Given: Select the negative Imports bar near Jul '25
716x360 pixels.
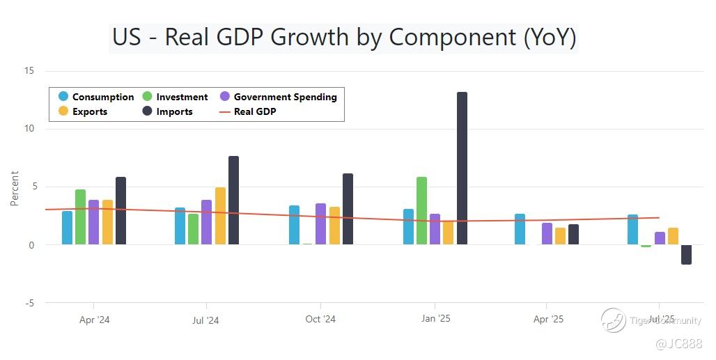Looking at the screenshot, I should pyautogui.click(x=686, y=254).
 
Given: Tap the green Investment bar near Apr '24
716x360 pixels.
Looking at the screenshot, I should pyautogui.click(x=80, y=217).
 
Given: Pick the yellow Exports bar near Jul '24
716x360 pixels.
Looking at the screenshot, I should pyautogui.click(x=220, y=216).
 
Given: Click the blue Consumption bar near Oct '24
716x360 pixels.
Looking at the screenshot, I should pyautogui.click(x=294, y=225).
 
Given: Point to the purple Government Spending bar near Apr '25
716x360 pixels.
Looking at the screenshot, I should pyautogui.click(x=547, y=234).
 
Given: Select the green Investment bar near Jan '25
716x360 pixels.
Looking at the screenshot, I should pyautogui.click(x=421, y=210).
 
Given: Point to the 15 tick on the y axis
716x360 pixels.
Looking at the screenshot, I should pyautogui.click(x=29, y=71).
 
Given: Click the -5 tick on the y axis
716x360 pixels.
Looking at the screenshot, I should pyautogui.click(x=29, y=303).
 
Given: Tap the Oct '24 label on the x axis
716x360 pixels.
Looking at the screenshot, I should pyautogui.click(x=320, y=320).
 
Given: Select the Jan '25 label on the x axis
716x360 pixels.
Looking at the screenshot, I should pyautogui.click(x=435, y=320).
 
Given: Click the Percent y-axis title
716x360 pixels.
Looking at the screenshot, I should pyautogui.click(x=15, y=188).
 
